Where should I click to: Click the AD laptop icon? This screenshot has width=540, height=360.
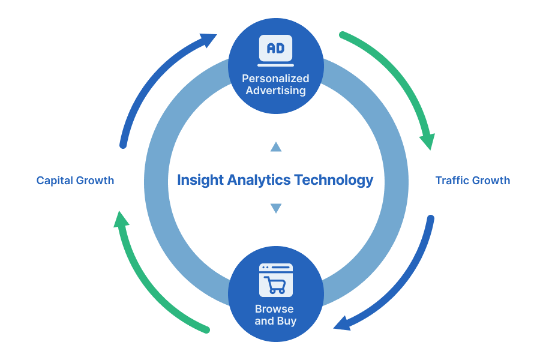(x=275, y=50)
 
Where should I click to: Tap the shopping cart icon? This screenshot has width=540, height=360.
(x=275, y=280)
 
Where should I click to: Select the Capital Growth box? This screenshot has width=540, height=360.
(x=75, y=180)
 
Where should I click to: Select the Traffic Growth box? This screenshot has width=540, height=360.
(x=472, y=180)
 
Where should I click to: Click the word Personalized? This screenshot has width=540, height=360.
(x=275, y=79)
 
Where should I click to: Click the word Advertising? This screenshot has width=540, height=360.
(x=275, y=91)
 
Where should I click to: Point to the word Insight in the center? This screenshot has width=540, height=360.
(x=200, y=179)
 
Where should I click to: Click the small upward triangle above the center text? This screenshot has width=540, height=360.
(x=275, y=147)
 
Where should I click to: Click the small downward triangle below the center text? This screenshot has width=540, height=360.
(x=275, y=209)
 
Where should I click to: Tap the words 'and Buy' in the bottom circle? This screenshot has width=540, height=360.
(x=275, y=322)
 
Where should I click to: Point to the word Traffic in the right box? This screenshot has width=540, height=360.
(x=452, y=180)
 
